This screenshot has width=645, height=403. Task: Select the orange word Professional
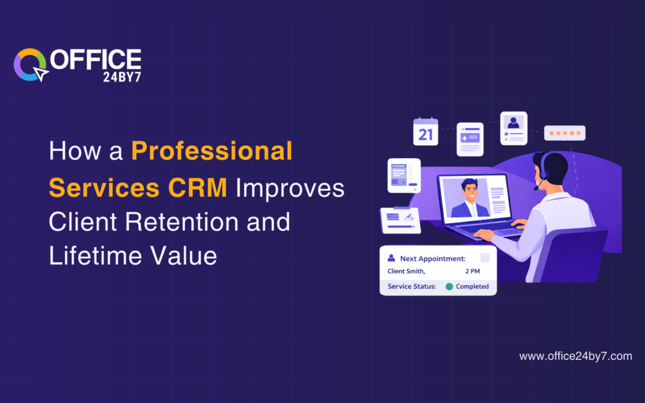click(x=212, y=152)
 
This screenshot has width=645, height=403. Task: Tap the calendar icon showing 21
click(x=425, y=131)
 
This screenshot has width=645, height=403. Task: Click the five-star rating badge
click(x=564, y=133)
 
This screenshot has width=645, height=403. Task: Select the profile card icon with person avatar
click(x=513, y=128)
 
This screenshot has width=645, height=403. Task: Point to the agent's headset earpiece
click(x=543, y=174)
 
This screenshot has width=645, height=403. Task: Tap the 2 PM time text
click(x=472, y=272)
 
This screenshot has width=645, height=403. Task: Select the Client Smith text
click(x=406, y=272)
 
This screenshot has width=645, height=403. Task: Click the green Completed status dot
click(x=449, y=287)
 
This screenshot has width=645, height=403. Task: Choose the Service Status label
click(x=411, y=287)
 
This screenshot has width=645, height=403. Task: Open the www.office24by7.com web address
click(x=575, y=356)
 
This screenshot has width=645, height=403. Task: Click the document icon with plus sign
click(x=469, y=139)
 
